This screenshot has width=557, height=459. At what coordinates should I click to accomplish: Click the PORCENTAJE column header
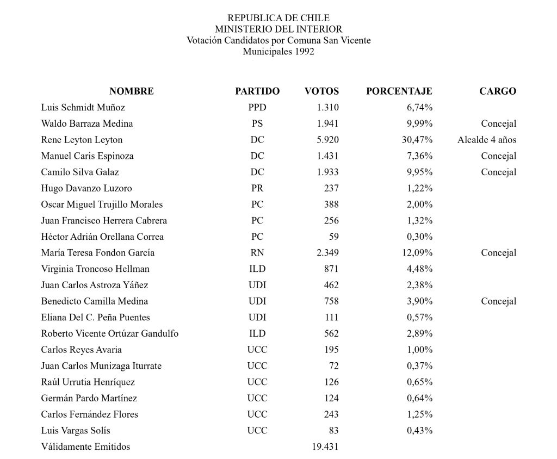(399, 91)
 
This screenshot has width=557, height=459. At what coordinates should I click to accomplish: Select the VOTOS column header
(321, 91)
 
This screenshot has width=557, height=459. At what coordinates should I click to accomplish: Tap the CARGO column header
(498, 91)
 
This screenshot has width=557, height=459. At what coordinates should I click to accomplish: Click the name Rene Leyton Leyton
(82, 140)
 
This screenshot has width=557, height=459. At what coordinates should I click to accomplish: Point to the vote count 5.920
(327, 140)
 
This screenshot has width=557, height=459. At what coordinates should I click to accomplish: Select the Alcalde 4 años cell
(487, 140)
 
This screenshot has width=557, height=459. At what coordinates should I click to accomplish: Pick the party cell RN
(257, 253)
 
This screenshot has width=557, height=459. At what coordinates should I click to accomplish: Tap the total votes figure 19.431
(325, 447)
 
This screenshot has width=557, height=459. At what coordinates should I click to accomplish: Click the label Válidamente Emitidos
(85, 447)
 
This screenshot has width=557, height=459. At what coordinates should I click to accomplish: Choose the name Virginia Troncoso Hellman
(95, 269)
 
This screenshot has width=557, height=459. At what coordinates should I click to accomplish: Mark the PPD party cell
(257, 108)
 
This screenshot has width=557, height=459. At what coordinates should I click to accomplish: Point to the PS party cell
(257, 123)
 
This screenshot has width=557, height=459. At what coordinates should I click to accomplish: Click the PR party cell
(257, 188)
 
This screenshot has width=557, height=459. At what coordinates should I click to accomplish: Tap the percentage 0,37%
(420, 366)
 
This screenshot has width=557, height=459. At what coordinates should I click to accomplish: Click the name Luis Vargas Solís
(76, 431)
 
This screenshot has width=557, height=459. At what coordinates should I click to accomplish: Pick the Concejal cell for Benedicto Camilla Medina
(498, 301)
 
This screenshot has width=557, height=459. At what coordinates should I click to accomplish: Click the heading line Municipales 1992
(278, 52)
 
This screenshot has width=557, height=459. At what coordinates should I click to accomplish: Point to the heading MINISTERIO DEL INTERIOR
(278, 29)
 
